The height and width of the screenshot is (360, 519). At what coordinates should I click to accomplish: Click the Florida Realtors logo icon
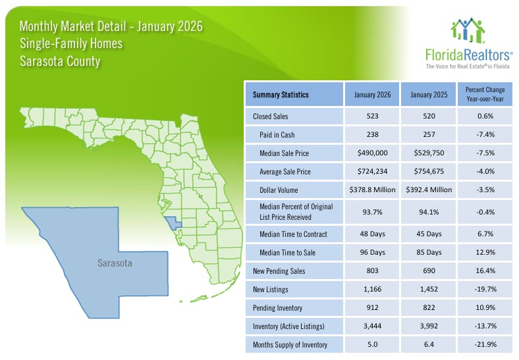(468, 30)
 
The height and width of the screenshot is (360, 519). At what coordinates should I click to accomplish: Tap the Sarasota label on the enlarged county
(115, 263)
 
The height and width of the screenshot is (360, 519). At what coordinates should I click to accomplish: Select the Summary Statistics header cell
(281, 95)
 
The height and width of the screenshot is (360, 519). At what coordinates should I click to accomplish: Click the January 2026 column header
(373, 95)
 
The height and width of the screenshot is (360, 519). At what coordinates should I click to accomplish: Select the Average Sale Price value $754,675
(429, 172)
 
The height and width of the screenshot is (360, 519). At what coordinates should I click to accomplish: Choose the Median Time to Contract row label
(294, 234)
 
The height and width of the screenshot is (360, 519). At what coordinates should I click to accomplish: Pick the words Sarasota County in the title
(60, 62)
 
